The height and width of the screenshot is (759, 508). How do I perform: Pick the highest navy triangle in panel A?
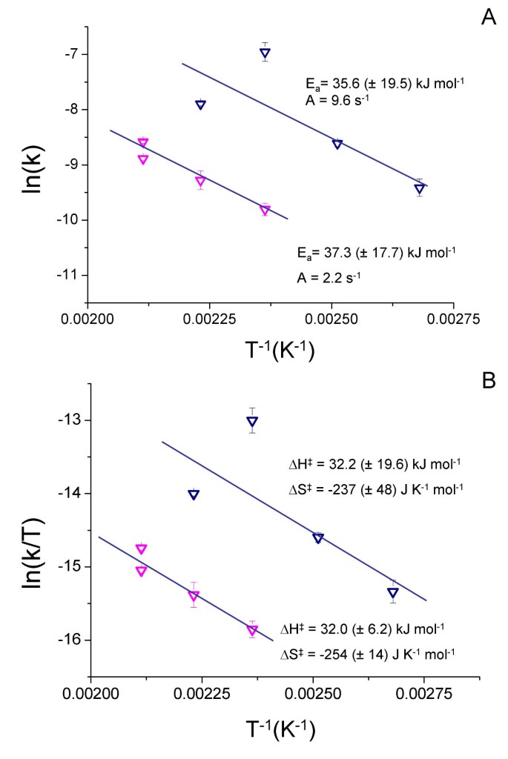pos(265,53)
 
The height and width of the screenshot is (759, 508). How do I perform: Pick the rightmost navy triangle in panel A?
pos(420,189)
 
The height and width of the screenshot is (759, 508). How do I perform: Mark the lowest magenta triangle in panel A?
pos(265,211)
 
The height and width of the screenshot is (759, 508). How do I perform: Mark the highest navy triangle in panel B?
pos(252,422)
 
